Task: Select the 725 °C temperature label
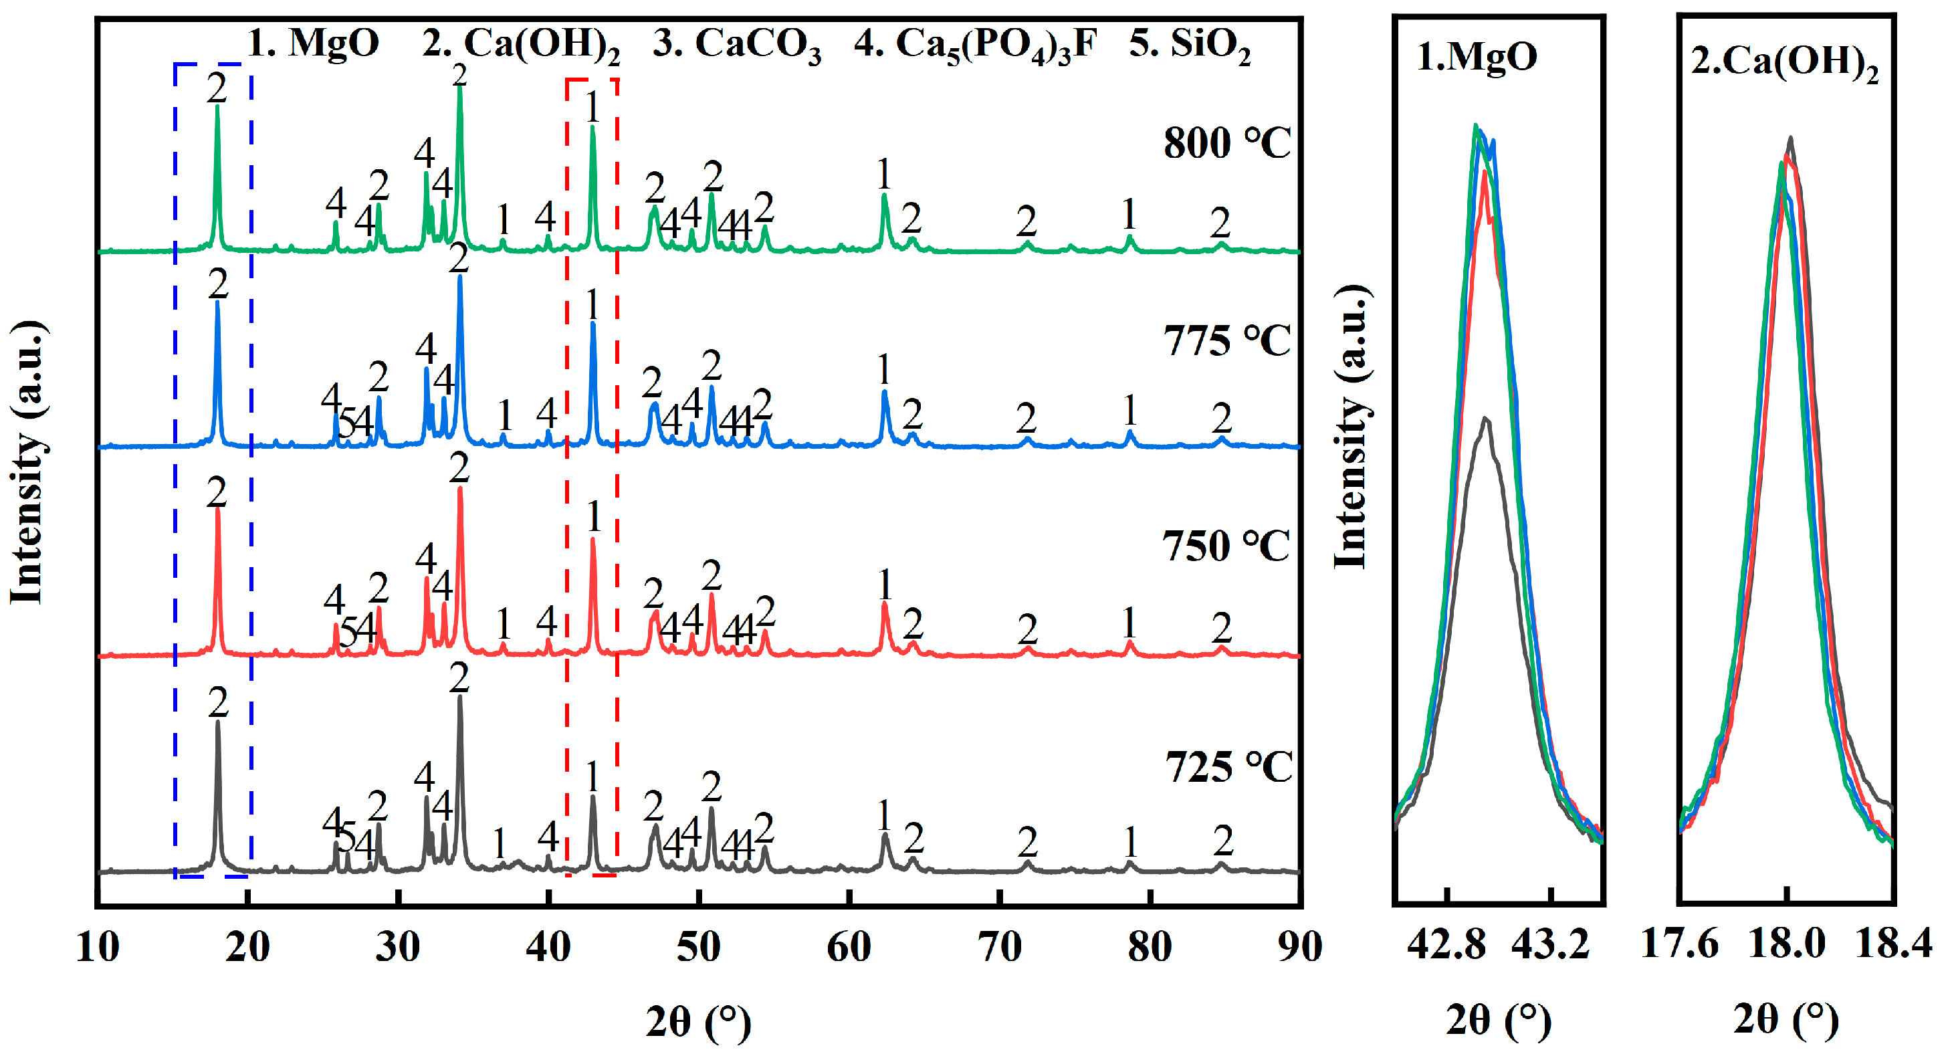(x=1228, y=767)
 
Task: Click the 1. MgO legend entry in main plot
(x=313, y=42)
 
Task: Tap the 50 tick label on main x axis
(x=698, y=947)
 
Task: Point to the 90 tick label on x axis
(x=1299, y=947)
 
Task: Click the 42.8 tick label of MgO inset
(x=1446, y=945)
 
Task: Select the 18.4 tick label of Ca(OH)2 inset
(x=1893, y=944)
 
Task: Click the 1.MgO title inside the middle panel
(x=1477, y=56)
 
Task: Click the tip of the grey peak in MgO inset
(x=1485, y=418)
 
